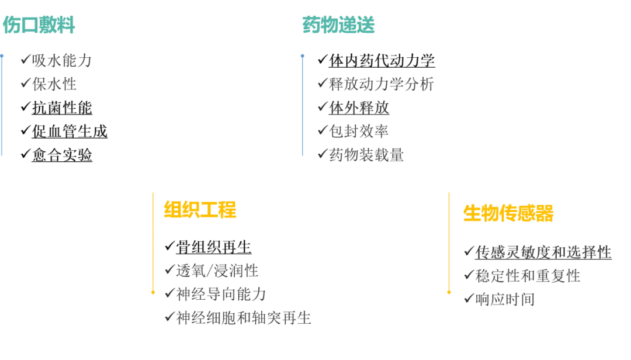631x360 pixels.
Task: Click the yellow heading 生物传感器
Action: pos(508,214)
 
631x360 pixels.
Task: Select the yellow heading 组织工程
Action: pos(200,210)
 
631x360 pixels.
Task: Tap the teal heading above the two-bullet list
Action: pos(39,26)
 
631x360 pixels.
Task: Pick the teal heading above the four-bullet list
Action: pos(338,26)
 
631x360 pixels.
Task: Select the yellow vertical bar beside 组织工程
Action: pos(152,243)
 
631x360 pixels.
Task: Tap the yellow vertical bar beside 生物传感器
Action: pos(449,243)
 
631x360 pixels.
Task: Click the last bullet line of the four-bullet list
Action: pos(362,154)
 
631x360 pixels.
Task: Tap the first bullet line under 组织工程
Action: pos(213,272)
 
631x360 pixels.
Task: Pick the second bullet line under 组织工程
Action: pos(216,295)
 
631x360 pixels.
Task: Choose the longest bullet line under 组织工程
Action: pos(239,319)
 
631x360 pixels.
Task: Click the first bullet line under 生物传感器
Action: pos(538,252)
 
